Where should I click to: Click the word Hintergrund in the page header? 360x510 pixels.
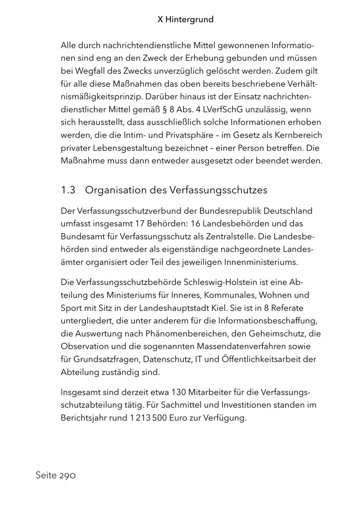click(190, 19)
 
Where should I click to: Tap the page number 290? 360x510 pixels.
click(68, 476)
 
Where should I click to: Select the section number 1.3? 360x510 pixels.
click(68, 190)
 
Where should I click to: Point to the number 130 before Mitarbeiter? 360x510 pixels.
click(179, 392)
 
